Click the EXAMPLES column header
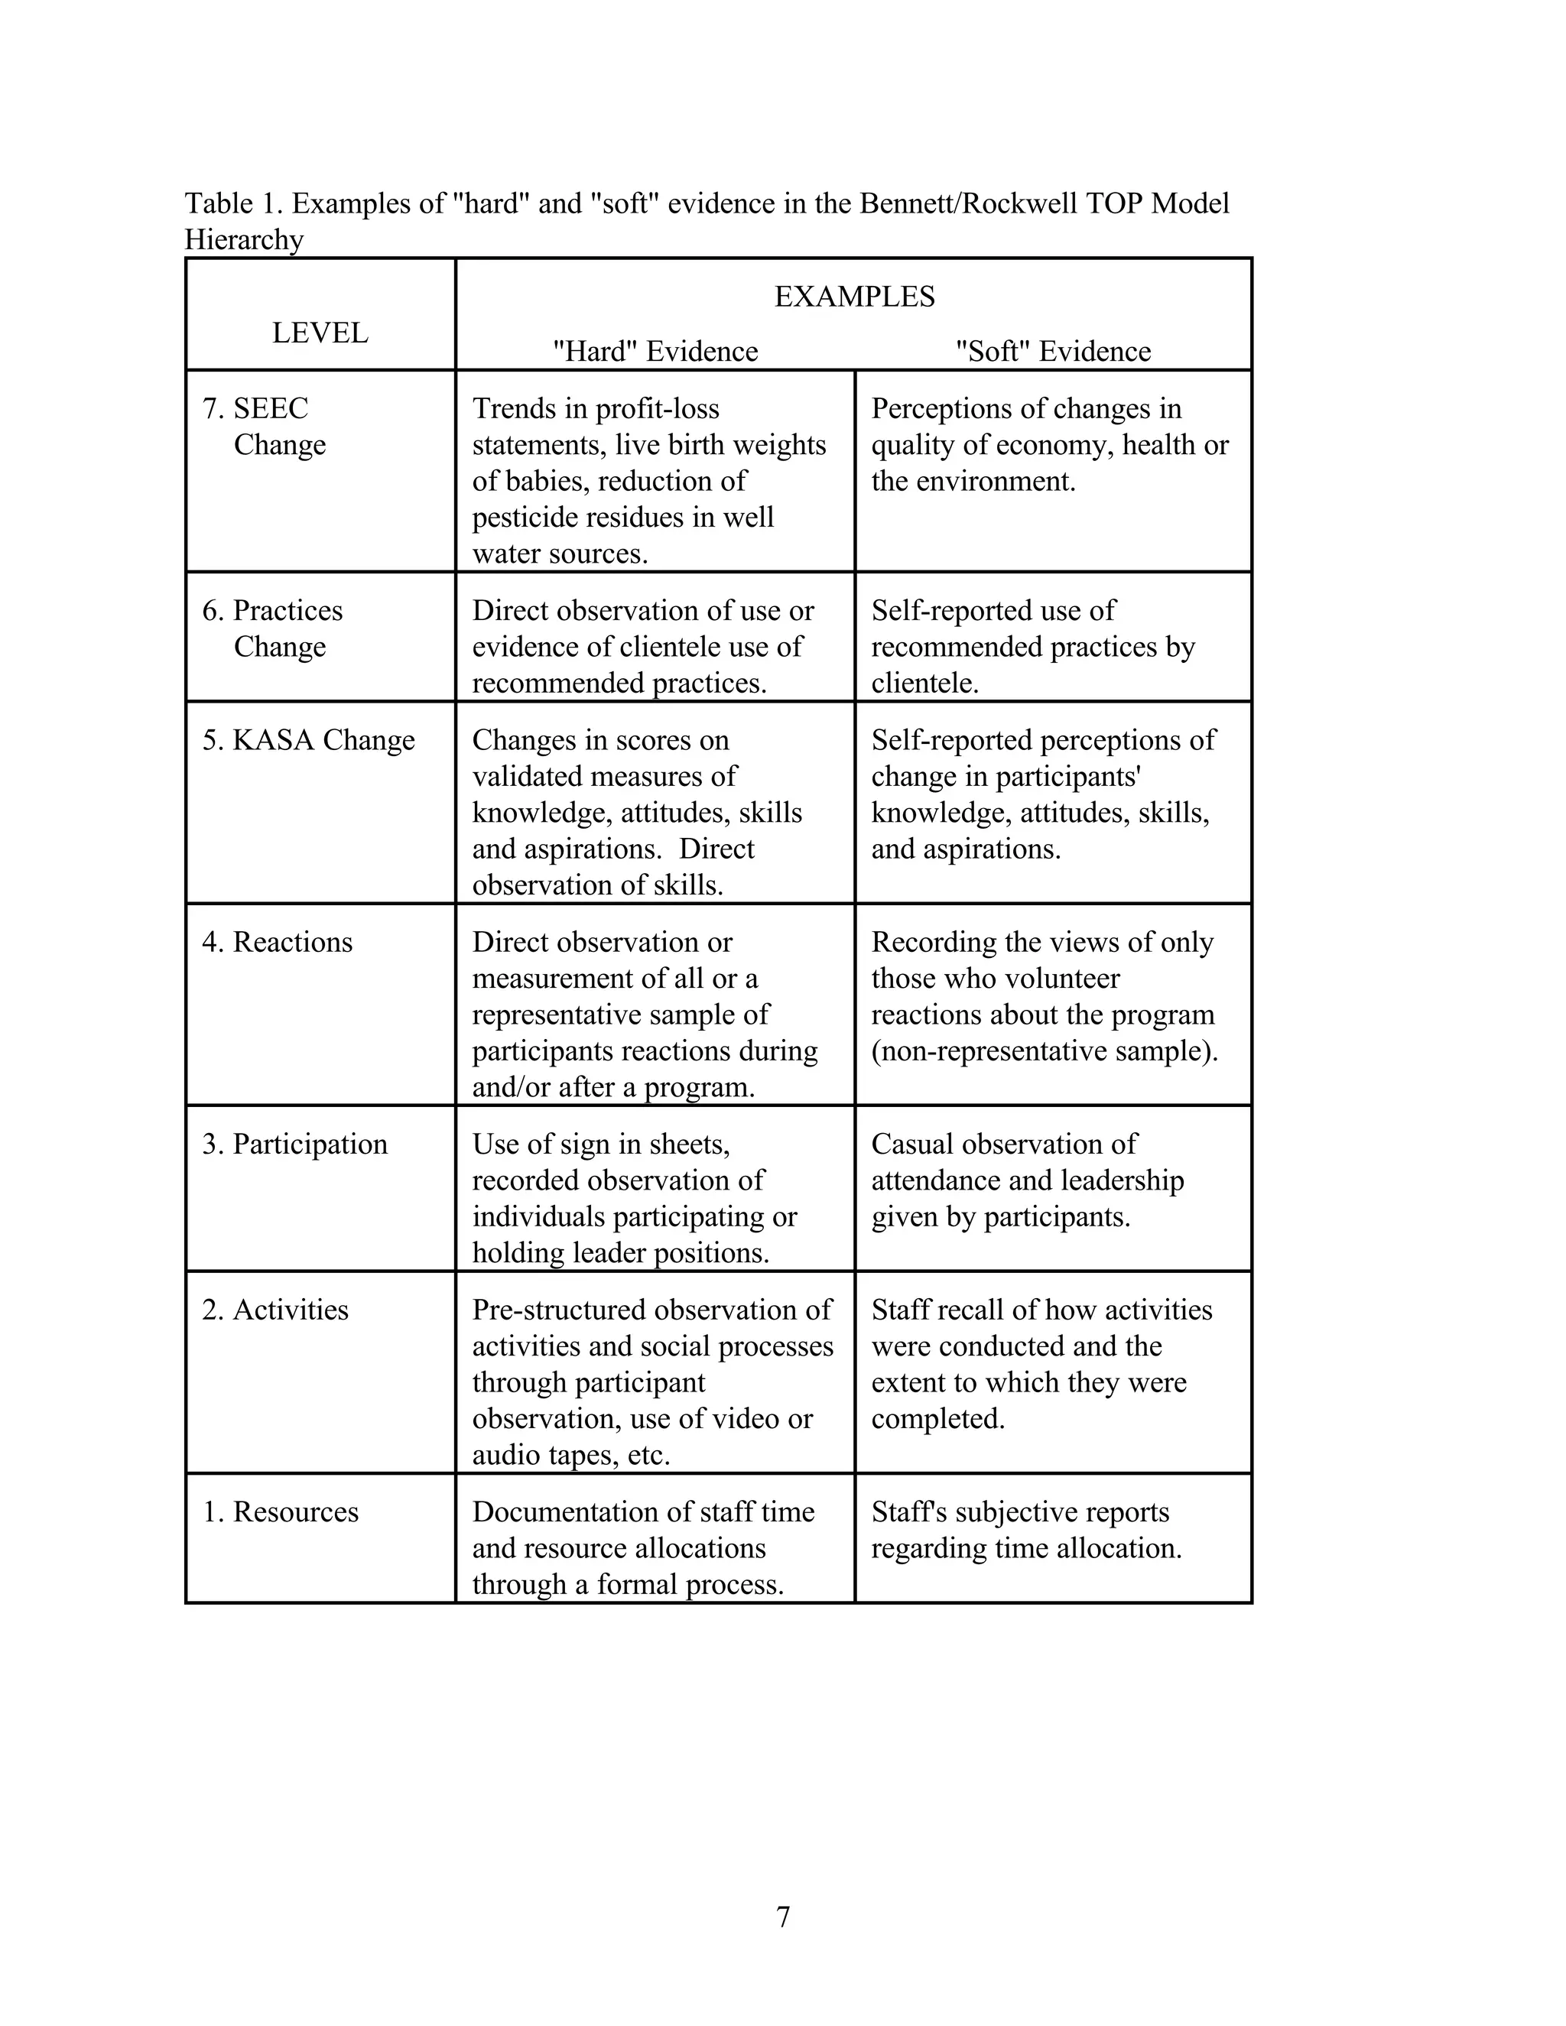pyautogui.click(x=854, y=296)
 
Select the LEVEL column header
pyautogui.click(x=320, y=332)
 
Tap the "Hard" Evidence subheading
pyautogui.click(x=655, y=351)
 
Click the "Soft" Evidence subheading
pyautogui.click(x=1053, y=351)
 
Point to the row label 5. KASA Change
pyautogui.click(x=309, y=739)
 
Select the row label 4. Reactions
pyautogui.click(x=278, y=942)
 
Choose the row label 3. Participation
pyautogui.click(x=295, y=1144)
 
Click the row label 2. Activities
pyautogui.click(x=275, y=1309)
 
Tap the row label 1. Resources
pyautogui.click(x=280, y=1511)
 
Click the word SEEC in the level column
pyautogui.click(x=270, y=408)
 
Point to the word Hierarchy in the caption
pyautogui.click(x=244, y=239)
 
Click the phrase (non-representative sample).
pyautogui.click(x=1045, y=1050)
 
